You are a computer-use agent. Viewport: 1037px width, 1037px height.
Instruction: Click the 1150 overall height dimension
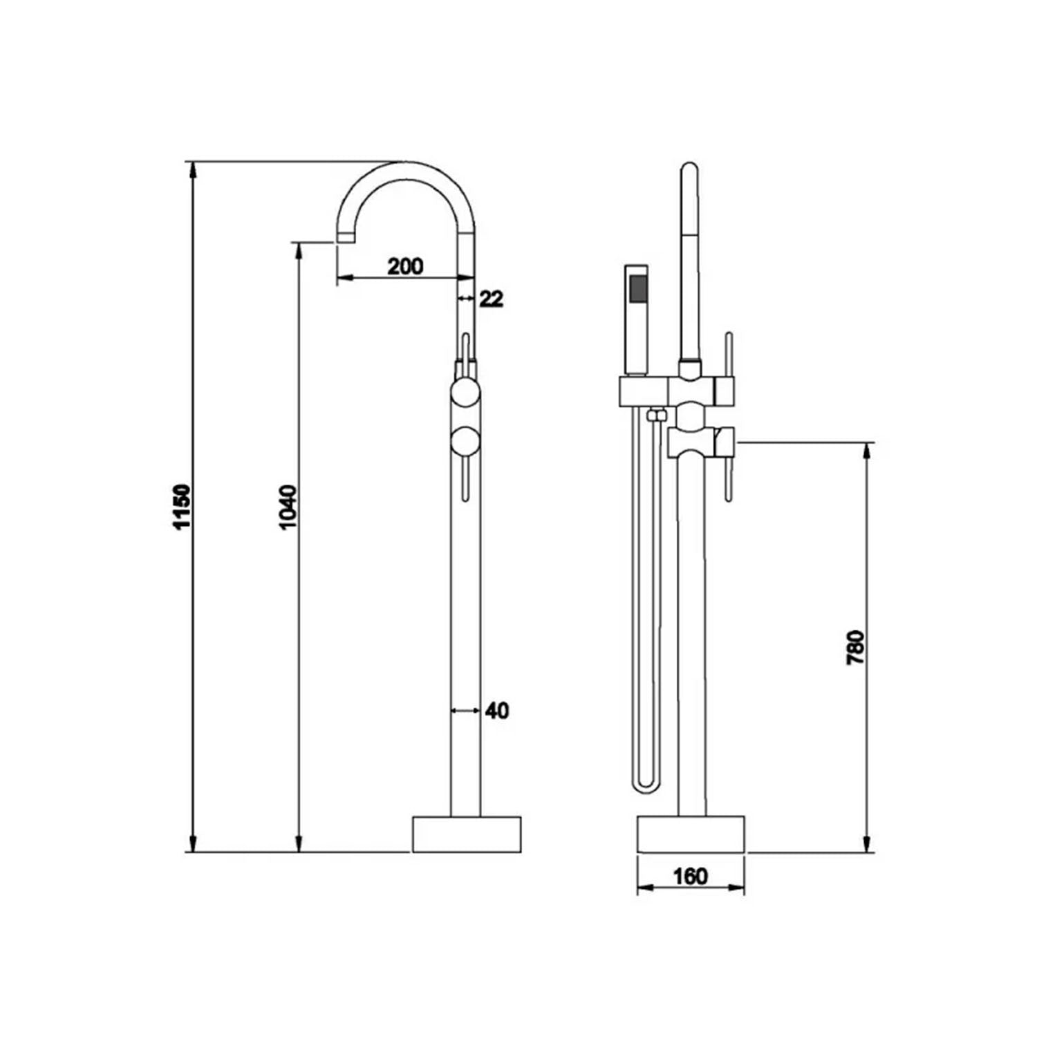tap(181, 507)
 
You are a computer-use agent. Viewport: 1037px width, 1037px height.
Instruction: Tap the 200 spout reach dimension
tap(405, 265)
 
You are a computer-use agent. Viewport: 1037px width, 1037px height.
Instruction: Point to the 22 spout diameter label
tap(492, 299)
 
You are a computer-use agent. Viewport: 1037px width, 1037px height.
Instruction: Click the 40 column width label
tap(497, 710)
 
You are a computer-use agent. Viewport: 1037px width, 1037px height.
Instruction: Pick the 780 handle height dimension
tap(856, 648)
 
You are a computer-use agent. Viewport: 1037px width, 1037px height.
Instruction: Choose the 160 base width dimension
tap(691, 877)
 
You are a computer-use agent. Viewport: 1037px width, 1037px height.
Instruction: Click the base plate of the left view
tap(467, 834)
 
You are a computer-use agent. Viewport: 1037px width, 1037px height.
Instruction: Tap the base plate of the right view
tap(691, 834)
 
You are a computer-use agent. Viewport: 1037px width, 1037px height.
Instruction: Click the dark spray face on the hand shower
tap(637, 287)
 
